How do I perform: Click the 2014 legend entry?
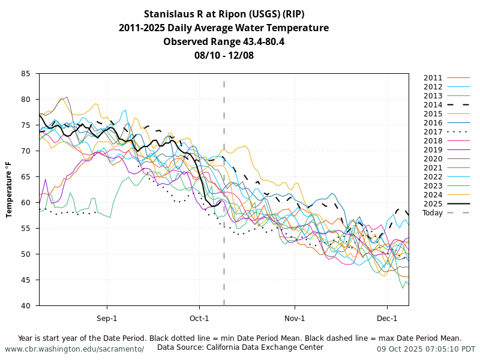(x=433, y=105)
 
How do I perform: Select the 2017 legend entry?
(x=433, y=132)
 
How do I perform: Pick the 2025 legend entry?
(x=433, y=204)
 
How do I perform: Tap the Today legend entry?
(x=433, y=213)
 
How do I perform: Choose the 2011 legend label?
(x=433, y=78)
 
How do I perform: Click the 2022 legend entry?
(x=433, y=177)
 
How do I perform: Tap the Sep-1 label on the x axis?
(x=107, y=318)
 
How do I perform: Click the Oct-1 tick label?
(x=199, y=318)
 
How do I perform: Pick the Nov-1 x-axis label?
(x=295, y=318)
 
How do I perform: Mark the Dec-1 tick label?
(x=387, y=318)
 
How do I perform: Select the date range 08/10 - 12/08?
(x=224, y=55)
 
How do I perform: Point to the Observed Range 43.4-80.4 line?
(x=224, y=41)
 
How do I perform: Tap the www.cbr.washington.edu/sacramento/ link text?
(x=74, y=349)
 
